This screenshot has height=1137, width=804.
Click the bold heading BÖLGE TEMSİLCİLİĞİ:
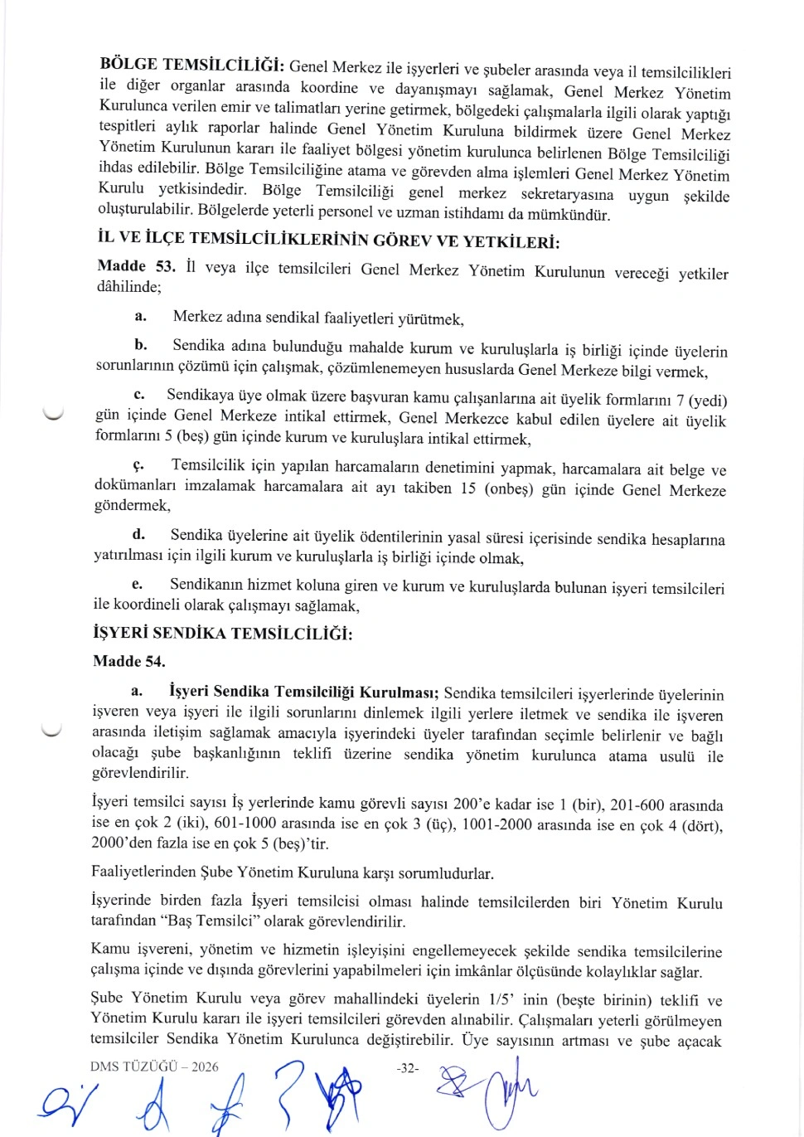192,65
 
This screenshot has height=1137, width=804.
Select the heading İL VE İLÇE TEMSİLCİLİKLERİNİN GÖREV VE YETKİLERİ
328,241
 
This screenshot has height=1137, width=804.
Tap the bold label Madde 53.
136,266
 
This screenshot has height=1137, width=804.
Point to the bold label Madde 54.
129,661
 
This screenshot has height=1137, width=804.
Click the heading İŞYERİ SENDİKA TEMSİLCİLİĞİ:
223,634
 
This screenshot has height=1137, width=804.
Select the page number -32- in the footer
408,1068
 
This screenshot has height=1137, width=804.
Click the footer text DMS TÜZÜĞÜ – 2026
155,1067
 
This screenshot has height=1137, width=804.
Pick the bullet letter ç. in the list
138,465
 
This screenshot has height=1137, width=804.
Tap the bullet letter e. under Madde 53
137,585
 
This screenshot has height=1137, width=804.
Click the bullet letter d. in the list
138,534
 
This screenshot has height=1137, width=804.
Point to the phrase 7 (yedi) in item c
701,400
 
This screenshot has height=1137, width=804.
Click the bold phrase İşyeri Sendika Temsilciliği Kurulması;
304,692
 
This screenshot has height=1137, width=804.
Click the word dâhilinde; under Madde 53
128,287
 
